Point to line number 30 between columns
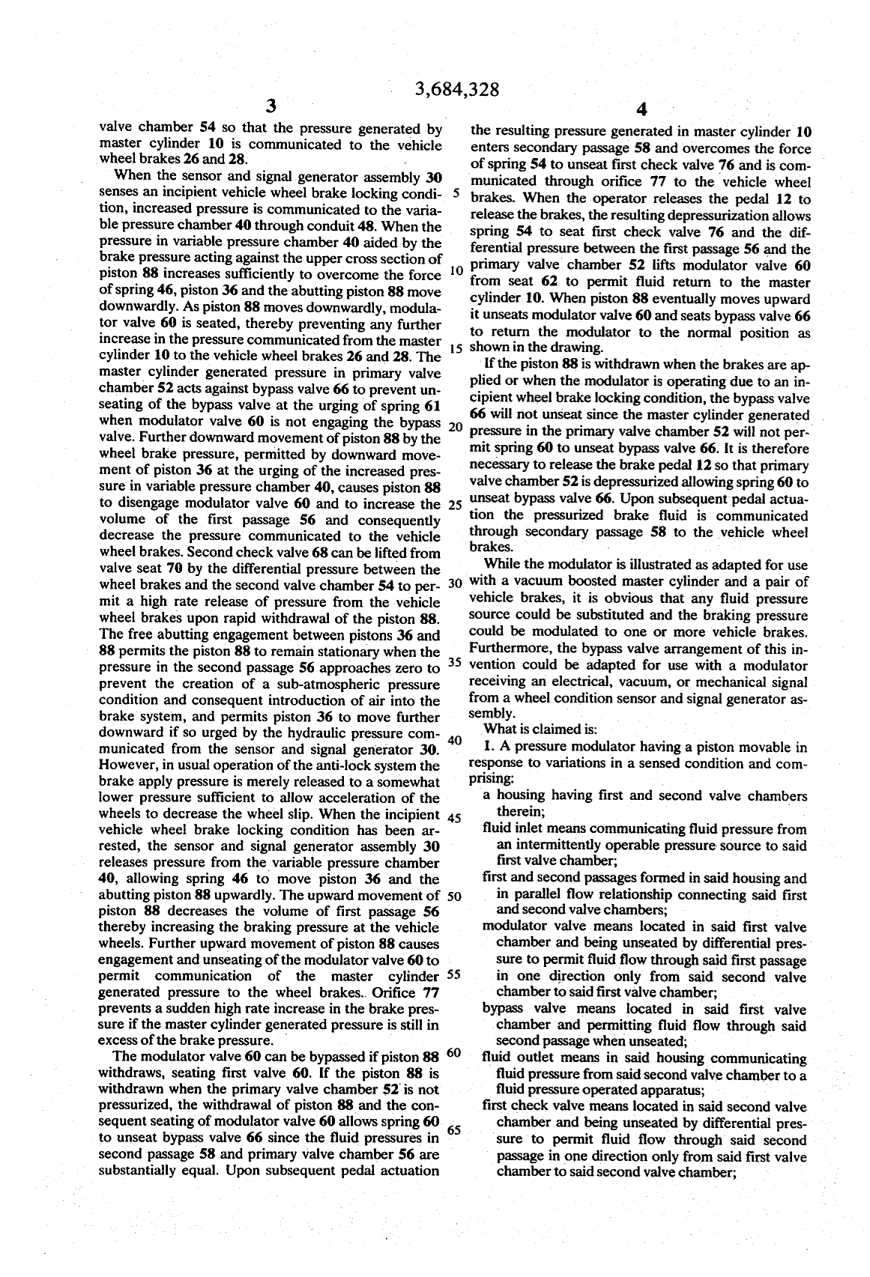point(453,583)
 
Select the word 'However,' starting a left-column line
point(126,765)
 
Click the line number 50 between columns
point(453,896)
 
